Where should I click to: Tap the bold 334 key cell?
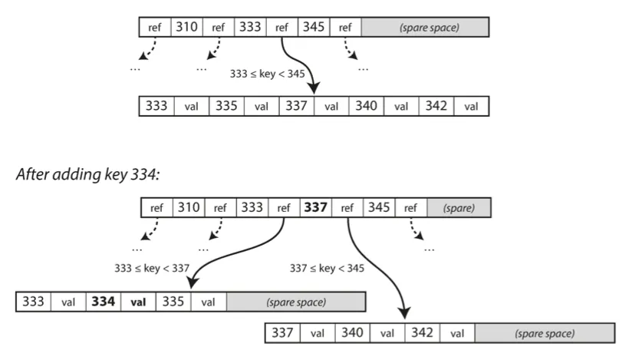pyautogui.click(x=103, y=302)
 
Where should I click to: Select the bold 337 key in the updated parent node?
pyautogui.click(x=316, y=207)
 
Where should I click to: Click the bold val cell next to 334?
pyautogui.click(x=138, y=302)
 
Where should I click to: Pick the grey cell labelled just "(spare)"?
pyautogui.click(x=459, y=207)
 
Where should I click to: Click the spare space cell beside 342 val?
pyautogui.click(x=545, y=333)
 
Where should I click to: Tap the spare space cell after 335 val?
pyautogui.click(x=295, y=302)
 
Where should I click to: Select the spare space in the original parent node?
pyautogui.click(x=424, y=28)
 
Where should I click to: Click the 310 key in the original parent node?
pyautogui.click(x=186, y=28)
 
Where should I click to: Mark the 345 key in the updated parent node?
pyautogui.click(x=379, y=207)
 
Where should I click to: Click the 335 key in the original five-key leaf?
pyautogui.click(x=226, y=106)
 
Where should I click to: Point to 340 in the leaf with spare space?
pyautogui.click(x=352, y=333)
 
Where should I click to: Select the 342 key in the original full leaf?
pyautogui.click(x=436, y=106)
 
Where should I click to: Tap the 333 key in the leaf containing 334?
pyautogui.click(x=33, y=302)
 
